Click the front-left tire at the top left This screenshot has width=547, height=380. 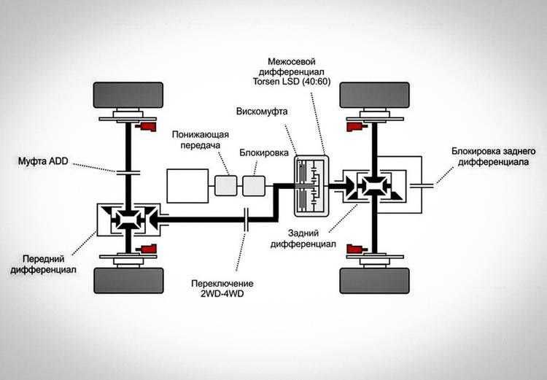[128, 95]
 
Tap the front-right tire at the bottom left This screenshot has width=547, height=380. [128, 280]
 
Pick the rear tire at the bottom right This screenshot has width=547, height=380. [373, 280]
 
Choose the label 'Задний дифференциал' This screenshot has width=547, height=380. [311, 240]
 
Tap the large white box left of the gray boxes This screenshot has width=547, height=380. [187, 186]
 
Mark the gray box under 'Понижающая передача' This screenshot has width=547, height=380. [225, 186]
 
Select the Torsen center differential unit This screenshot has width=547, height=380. [310, 186]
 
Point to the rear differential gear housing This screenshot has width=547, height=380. [373, 186]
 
